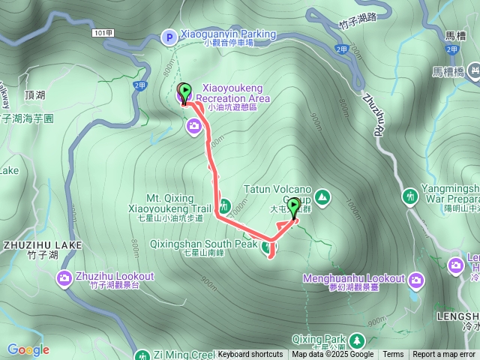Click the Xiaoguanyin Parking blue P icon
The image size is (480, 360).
(169, 35)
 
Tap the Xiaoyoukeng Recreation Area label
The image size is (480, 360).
(232, 93)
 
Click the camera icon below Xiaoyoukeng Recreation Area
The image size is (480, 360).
(194, 125)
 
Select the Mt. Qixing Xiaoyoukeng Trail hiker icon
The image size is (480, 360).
(224, 205)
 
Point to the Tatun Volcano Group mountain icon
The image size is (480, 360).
(322, 197)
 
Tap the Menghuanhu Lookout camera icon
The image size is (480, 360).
(415, 279)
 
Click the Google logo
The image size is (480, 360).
(28, 349)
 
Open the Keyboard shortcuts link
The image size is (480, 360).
(250, 355)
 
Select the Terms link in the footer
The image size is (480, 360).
(393, 355)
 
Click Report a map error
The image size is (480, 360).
(444, 355)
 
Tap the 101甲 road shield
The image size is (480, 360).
(104, 34)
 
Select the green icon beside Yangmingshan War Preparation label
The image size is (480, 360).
(409, 196)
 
